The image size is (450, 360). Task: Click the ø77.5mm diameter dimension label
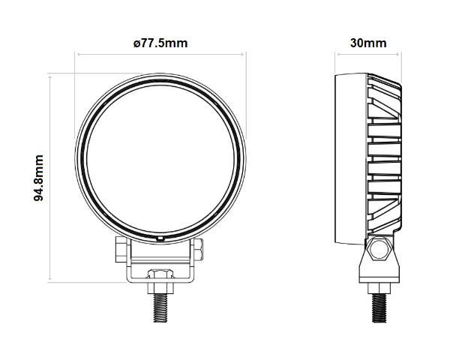pos(160,43)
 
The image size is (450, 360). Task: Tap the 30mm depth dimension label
pos(368,43)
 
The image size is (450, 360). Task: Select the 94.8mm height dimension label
pos(38,178)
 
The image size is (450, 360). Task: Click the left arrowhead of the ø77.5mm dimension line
pos(76,54)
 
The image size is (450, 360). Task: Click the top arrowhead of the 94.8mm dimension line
pos(50,76)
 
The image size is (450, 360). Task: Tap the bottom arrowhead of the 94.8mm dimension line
pos(50,278)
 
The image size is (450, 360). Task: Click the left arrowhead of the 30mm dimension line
pos(338,54)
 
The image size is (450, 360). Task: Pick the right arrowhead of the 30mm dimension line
pos(397,54)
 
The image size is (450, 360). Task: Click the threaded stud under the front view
pos(160,307)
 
